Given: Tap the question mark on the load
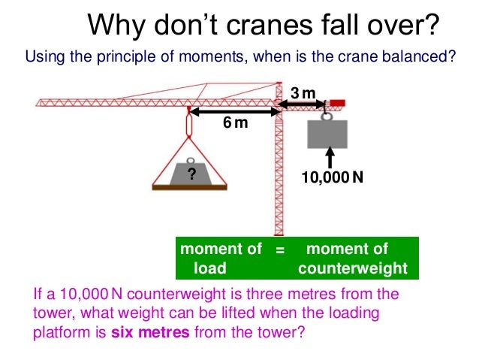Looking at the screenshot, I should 191,174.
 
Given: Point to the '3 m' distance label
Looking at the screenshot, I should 304,93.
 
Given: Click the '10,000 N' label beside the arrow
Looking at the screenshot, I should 332,178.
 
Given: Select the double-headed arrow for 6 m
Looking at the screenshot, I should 232,111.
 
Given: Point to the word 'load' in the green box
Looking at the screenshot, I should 210,268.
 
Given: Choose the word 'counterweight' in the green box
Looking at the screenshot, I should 353,268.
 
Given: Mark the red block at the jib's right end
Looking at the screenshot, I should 337,102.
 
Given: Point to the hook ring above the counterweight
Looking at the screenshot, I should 327,115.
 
